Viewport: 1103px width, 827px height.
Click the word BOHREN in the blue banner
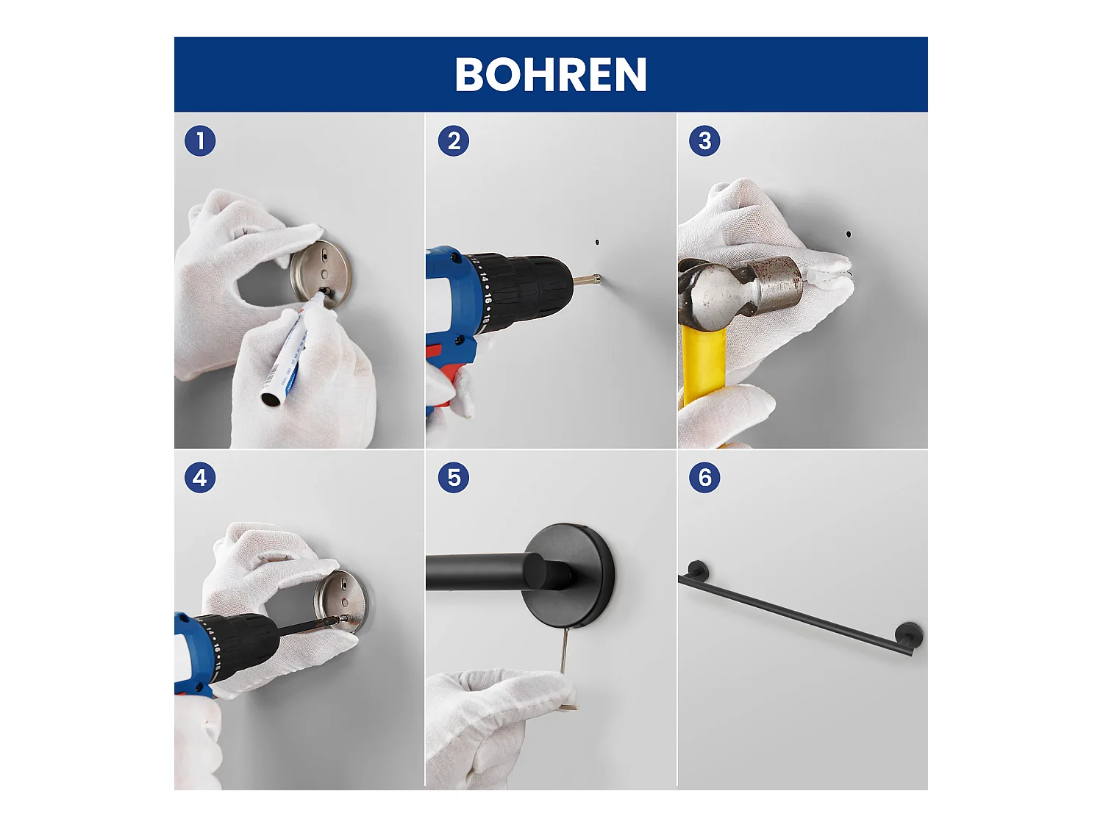click(550, 74)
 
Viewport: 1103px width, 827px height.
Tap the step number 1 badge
click(200, 140)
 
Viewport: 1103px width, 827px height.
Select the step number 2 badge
click(453, 140)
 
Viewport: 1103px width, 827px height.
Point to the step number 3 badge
click(704, 140)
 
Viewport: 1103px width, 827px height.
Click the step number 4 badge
click(200, 478)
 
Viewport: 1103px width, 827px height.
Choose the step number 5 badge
click(453, 478)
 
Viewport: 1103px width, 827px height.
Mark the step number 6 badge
click(704, 478)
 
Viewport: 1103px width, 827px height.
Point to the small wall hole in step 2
click(597, 242)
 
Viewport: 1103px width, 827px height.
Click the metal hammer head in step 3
click(740, 292)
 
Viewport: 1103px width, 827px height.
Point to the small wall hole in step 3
click(849, 234)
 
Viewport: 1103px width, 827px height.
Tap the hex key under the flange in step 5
click(564, 651)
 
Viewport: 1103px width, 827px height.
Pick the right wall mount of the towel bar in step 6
click(909, 635)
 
